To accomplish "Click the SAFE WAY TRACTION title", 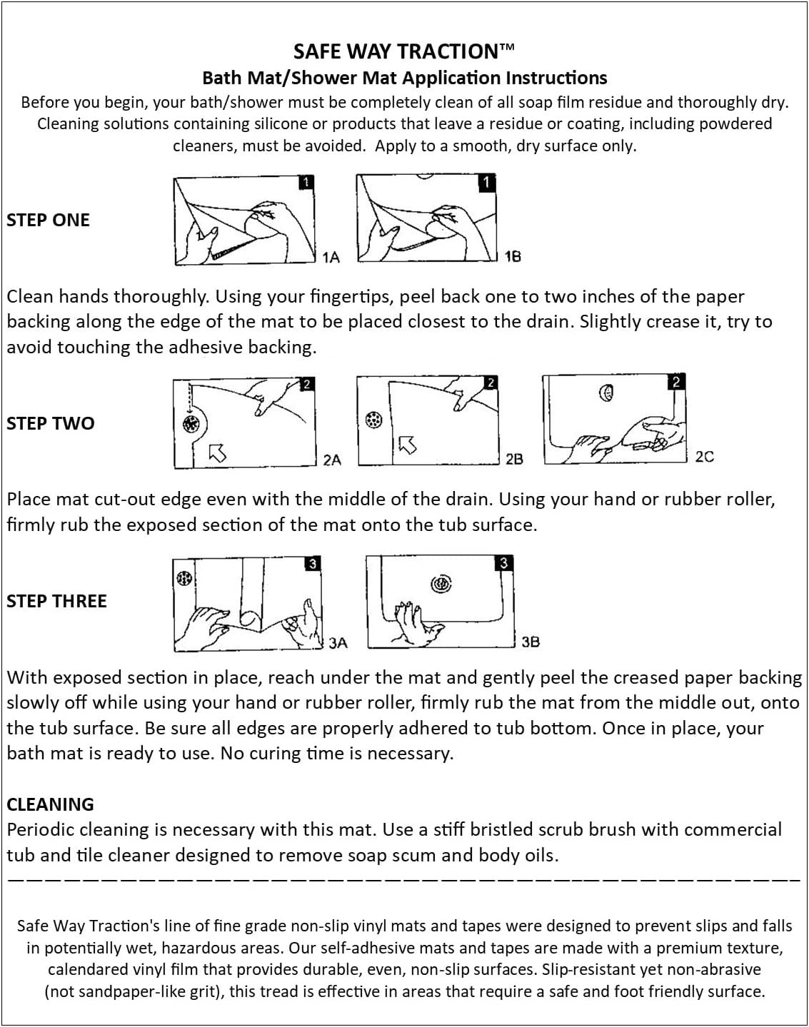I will (403, 51).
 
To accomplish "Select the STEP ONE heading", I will (48, 220).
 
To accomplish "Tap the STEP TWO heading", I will (50, 423).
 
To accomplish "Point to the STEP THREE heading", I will (56, 601).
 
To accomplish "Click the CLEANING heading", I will (50, 804).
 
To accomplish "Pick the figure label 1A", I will (331, 257).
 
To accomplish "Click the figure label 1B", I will (512, 256).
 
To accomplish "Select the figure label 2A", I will (332, 460).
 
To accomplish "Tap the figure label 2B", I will (514, 459).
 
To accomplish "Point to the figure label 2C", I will (704, 457).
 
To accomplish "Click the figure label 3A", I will (338, 643).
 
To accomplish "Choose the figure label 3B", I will (530, 642).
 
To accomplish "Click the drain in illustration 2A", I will (190, 425).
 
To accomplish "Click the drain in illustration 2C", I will (606, 392).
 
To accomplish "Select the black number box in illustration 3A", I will (312, 564).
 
